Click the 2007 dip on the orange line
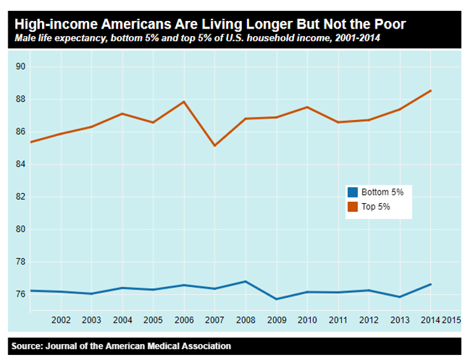point(215,145)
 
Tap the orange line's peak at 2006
point(184,102)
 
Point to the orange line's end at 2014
point(431,90)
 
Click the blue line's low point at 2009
point(276,299)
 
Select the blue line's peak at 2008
point(245,281)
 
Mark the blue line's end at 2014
point(431,284)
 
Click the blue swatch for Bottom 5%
point(353,192)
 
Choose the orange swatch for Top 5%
point(353,206)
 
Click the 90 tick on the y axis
point(20,67)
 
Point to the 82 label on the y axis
point(20,197)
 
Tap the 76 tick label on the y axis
point(20,295)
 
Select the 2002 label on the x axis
point(60,320)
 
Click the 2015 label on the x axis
point(451,320)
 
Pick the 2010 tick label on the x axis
point(307,320)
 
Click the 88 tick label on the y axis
point(20,99)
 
